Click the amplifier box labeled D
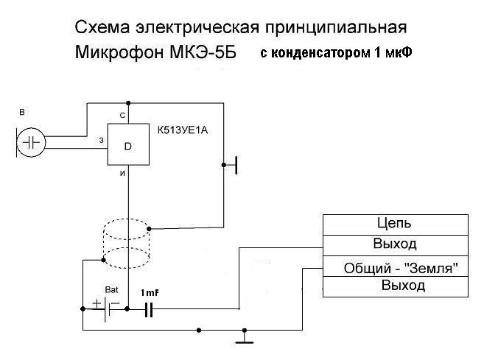point(127,145)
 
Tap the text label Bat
point(112,289)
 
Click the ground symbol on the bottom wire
point(242,339)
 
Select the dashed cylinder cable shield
point(125,244)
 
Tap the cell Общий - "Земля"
point(396,268)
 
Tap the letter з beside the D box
point(102,139)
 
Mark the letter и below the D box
point(122,174)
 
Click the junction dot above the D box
point(128,102)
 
